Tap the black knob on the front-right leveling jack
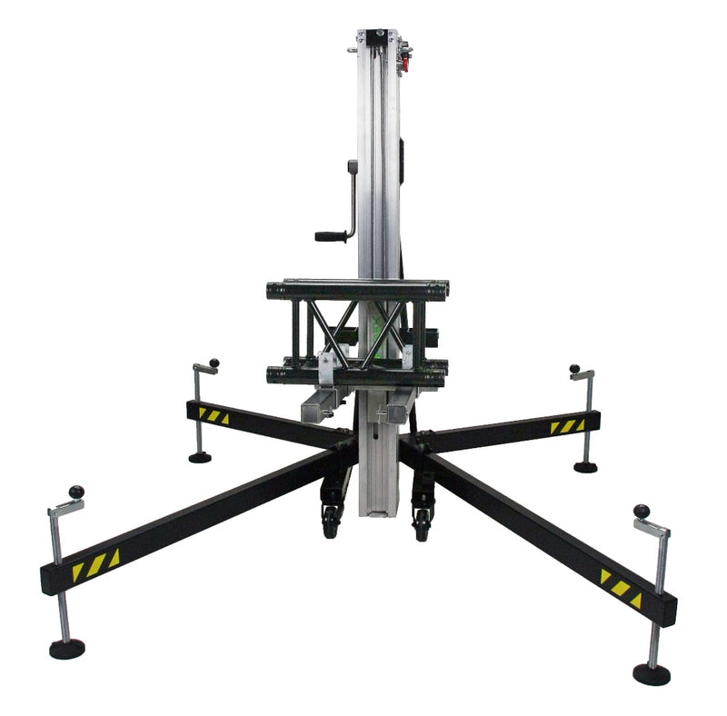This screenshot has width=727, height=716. click(642, 511)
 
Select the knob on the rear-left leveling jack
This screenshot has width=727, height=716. click(214, 364)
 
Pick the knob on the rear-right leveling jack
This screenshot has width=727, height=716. click(574, 369)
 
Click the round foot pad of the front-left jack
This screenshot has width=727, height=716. click(66, 649)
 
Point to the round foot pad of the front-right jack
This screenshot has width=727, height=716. click(651, 673)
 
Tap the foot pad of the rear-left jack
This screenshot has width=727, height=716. click(200, 457)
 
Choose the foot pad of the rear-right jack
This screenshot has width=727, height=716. click(585, 467)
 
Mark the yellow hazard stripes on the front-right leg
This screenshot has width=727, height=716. click(621, 588)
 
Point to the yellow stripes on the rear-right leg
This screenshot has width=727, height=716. click(567, 426)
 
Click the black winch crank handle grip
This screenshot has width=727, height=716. click(332, 236)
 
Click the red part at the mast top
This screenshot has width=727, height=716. click(404, 61)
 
